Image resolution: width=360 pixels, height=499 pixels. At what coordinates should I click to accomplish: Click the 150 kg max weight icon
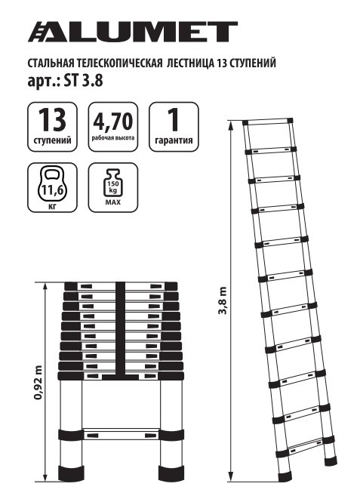[x=114, y=181]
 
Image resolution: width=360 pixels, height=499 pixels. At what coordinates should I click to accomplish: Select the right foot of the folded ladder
[x=172, y=474]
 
